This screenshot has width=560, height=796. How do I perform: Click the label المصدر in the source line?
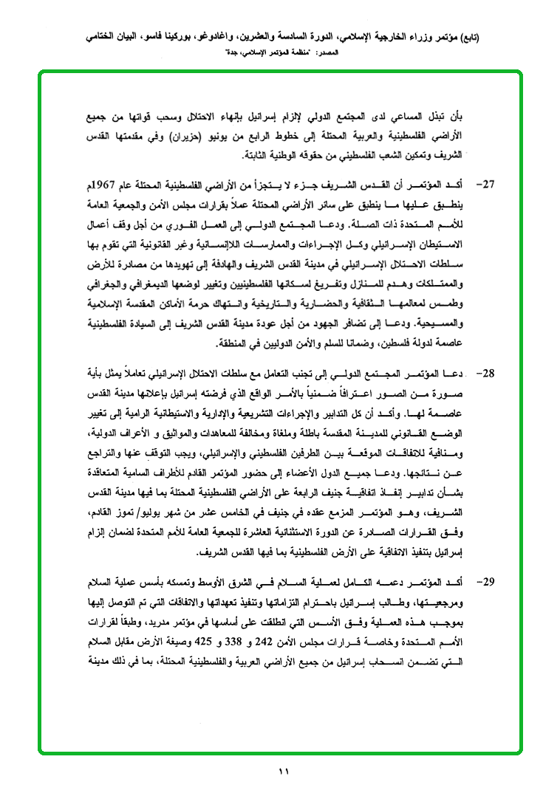[x=335, y=53]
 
